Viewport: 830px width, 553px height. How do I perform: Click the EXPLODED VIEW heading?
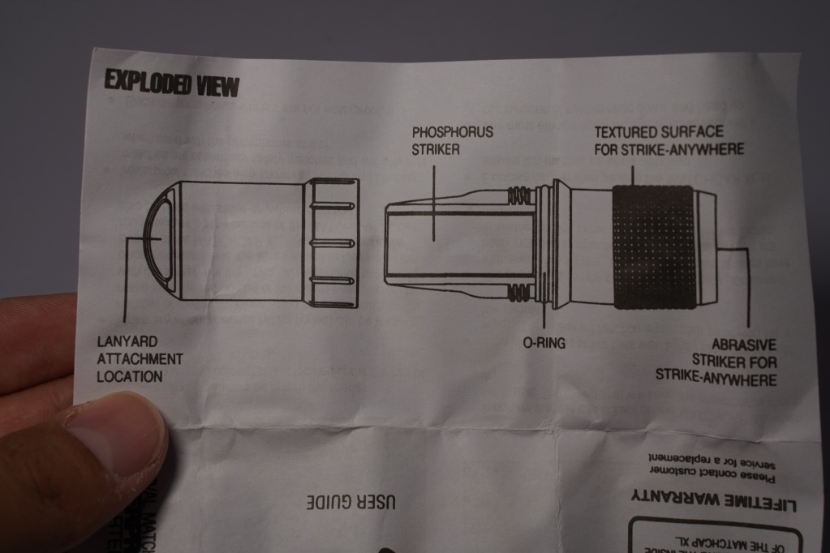pos(172,83)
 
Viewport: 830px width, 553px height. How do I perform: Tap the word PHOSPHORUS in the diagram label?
pos(452,131)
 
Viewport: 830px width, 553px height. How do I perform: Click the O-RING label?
pos(544,343)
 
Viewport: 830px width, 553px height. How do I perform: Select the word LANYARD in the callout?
pos(127,342)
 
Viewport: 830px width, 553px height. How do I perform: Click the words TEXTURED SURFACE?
pos(658,131)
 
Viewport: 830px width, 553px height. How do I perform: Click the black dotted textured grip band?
pos(653,247)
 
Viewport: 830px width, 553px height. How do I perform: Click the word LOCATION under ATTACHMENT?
pos(130,377)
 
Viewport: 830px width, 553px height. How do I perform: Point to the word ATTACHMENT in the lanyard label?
pos(140,359)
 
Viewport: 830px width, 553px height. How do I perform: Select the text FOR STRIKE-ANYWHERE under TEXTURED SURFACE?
pos(669,149)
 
